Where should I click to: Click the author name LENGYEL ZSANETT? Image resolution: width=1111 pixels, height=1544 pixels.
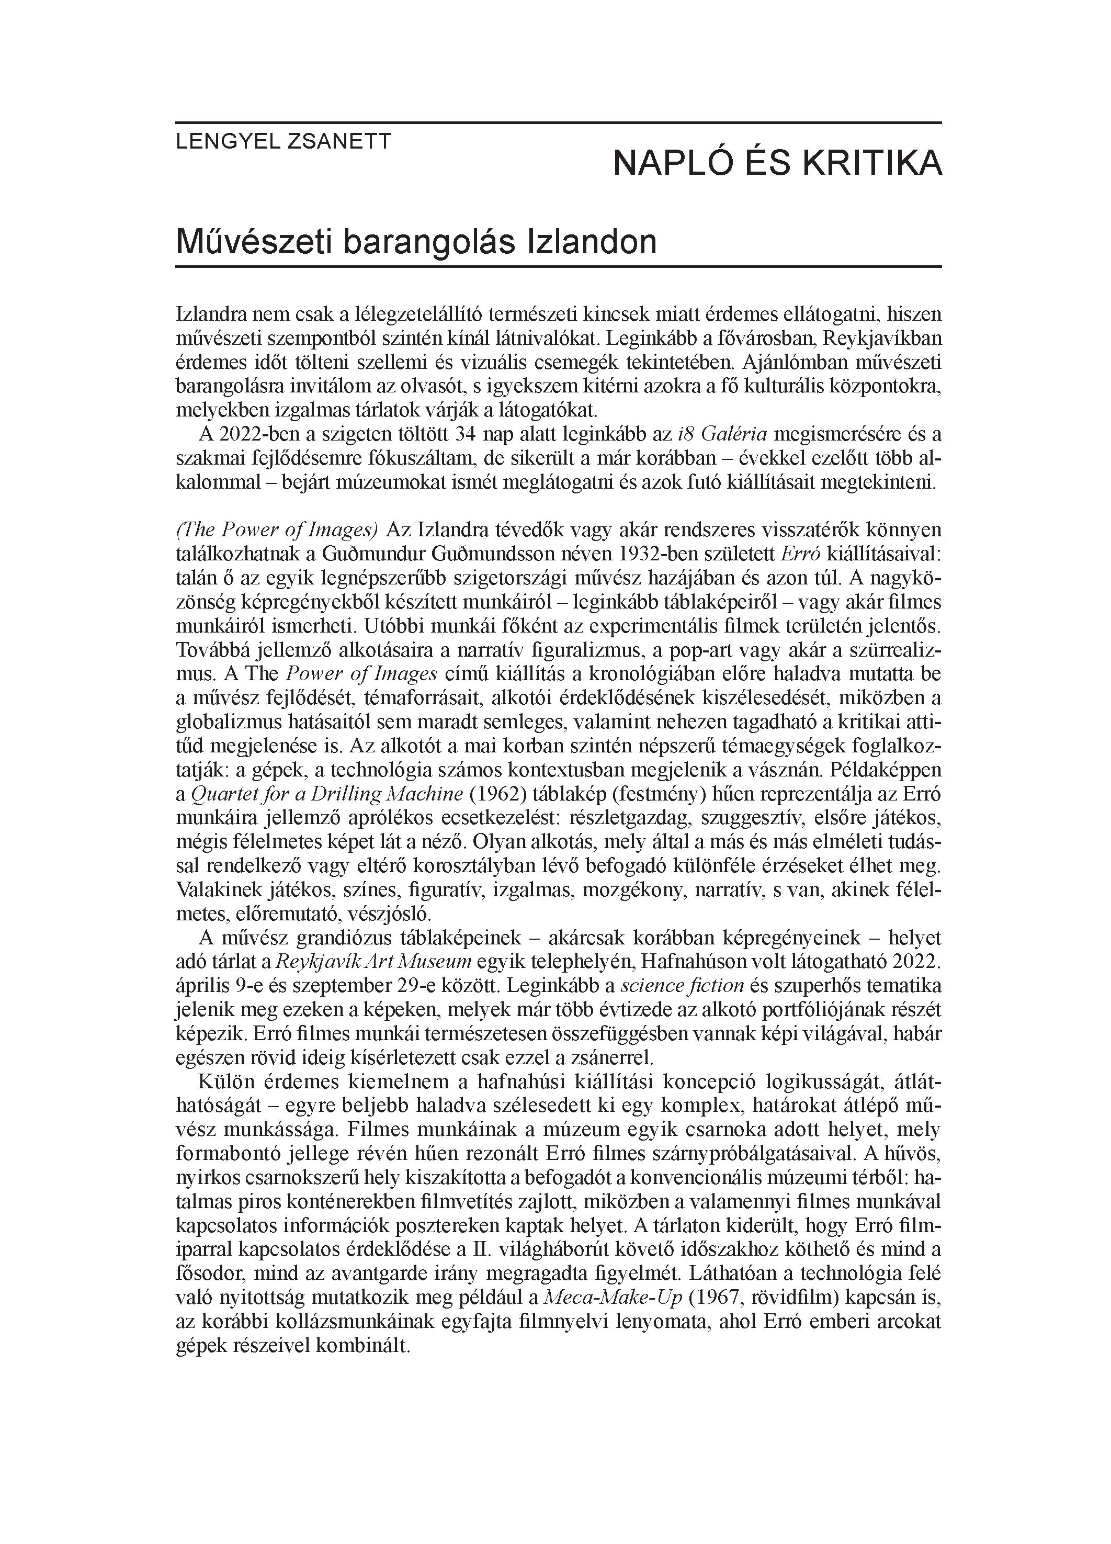pos(283,142)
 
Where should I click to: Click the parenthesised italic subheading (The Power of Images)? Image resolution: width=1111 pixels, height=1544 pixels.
pos(276,529)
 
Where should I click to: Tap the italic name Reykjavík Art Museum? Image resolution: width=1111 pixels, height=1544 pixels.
pos(373,961)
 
